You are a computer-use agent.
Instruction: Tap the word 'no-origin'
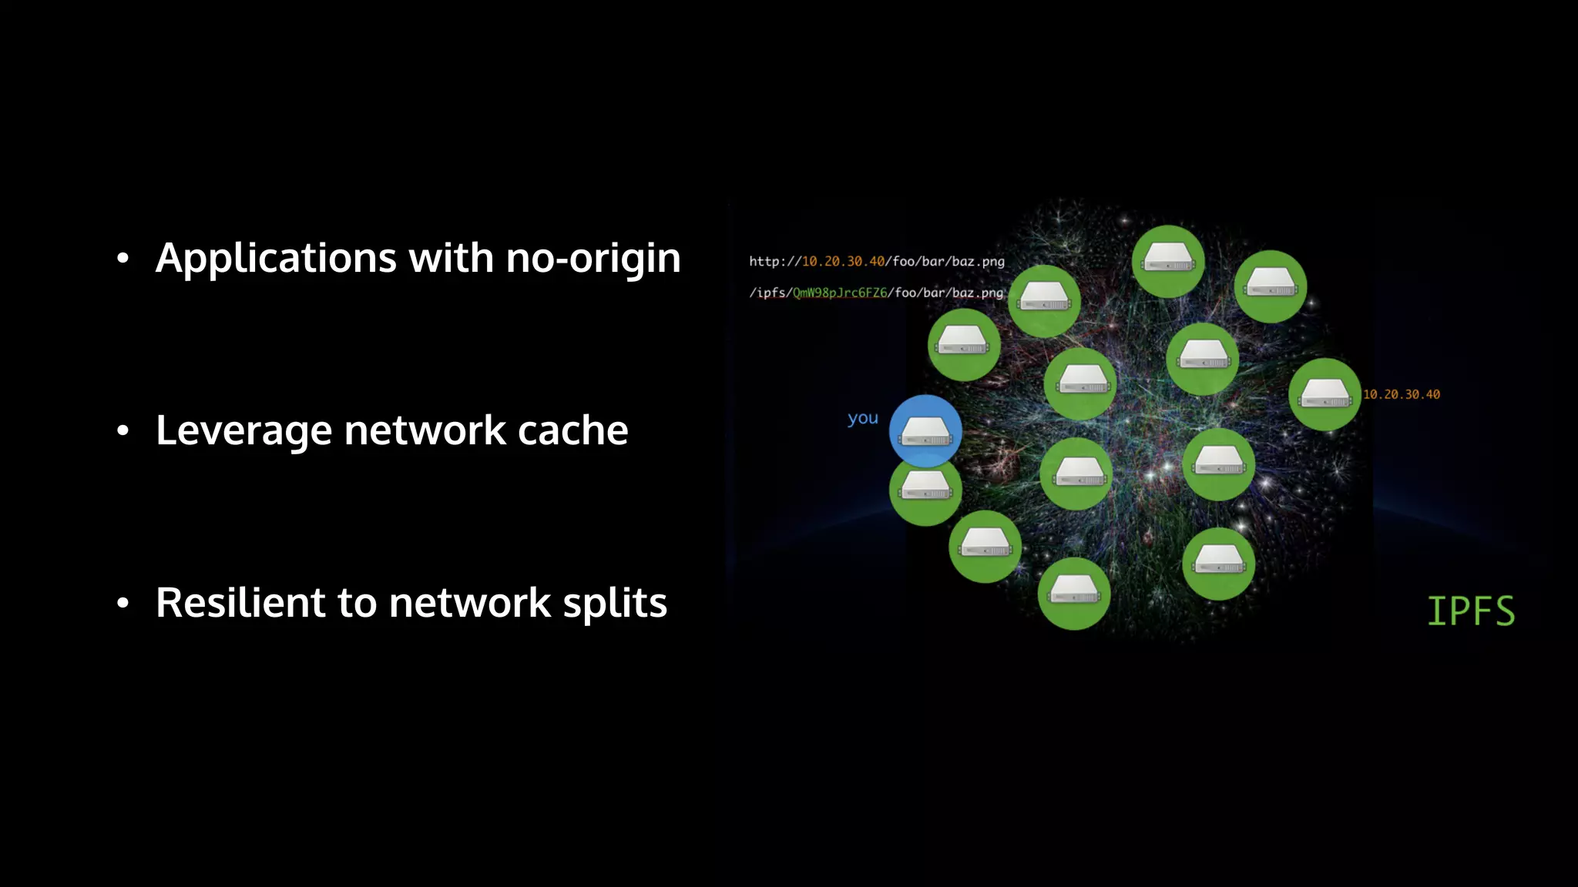593,259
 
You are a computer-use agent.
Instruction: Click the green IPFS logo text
1470,611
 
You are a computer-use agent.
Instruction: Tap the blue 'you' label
862,419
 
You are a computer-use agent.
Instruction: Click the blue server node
925,430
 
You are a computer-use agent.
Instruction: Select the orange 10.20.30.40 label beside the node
1401,394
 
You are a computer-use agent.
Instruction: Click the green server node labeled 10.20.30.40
1324,394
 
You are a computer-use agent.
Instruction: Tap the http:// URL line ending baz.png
876,262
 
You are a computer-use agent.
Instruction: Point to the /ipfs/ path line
876,293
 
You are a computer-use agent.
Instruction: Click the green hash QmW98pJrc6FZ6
839,293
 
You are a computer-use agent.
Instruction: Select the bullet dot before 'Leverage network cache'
123,431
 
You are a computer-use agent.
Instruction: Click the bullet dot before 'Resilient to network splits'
123,604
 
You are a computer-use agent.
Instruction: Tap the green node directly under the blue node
925,493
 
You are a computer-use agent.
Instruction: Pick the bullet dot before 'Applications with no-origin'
123,259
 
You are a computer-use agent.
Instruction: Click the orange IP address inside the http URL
843,262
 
